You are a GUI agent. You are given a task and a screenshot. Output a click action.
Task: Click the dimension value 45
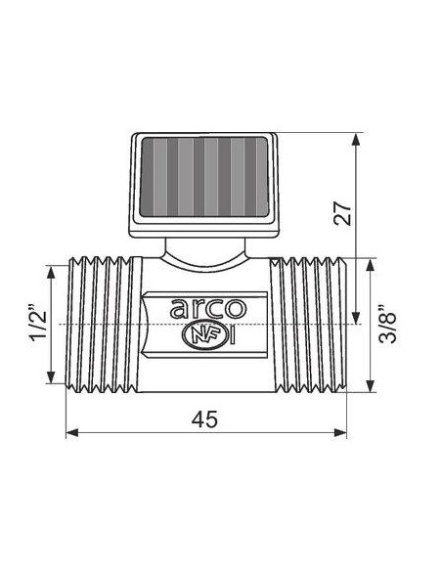[203, 418]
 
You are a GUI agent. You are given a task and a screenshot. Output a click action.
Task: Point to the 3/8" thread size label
[389, 323]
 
